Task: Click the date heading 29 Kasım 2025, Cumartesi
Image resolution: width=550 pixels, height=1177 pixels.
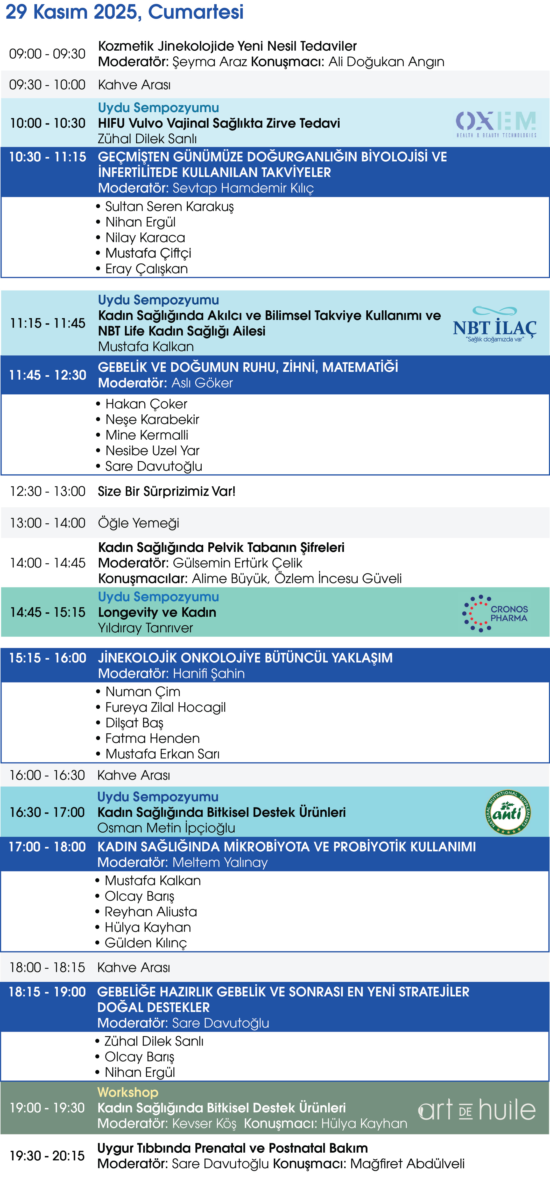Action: coord(124,12)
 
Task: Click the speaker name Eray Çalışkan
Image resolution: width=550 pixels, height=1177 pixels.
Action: coord(146,269)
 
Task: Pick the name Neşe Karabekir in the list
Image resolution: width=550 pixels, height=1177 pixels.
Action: coord(152,419)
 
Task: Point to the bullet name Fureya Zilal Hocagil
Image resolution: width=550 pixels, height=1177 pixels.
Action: coord(165,707)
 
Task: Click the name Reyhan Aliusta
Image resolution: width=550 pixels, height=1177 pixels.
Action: coord(151,912)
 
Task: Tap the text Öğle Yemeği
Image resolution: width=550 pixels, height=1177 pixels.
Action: coord(138,523)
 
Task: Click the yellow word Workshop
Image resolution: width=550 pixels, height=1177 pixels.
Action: coord(128,1092)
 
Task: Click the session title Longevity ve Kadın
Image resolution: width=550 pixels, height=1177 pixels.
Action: coord(157,612)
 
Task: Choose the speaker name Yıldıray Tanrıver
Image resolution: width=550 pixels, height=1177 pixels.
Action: coord(145,628)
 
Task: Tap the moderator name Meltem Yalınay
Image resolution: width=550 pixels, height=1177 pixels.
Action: coord(220,862)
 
